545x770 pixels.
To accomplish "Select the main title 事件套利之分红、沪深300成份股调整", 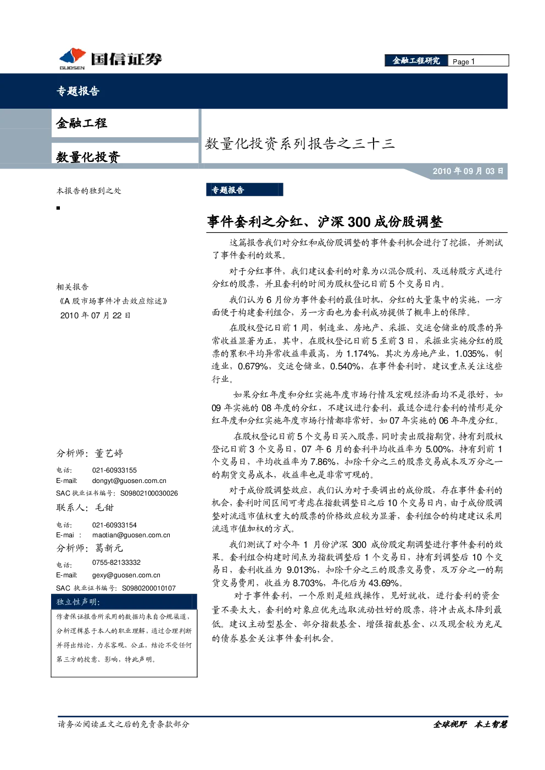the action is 325,222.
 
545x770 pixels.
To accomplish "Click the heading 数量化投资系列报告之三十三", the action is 299,143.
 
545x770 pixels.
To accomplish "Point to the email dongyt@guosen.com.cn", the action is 129,481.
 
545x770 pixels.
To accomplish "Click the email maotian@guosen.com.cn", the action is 131,535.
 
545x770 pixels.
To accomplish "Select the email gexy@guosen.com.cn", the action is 126,575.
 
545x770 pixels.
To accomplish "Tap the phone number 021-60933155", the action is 114,470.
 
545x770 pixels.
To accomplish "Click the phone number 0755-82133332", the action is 116,563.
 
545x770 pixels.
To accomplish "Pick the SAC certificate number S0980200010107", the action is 149,588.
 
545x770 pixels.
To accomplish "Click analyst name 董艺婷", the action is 109,453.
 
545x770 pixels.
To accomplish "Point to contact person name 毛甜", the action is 104,507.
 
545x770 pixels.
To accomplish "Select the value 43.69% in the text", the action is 384,583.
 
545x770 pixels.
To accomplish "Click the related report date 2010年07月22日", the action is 95,315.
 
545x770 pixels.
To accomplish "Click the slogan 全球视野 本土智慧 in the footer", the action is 470,724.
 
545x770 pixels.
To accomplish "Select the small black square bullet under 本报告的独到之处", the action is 58,208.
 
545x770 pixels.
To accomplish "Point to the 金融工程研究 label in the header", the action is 416,61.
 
